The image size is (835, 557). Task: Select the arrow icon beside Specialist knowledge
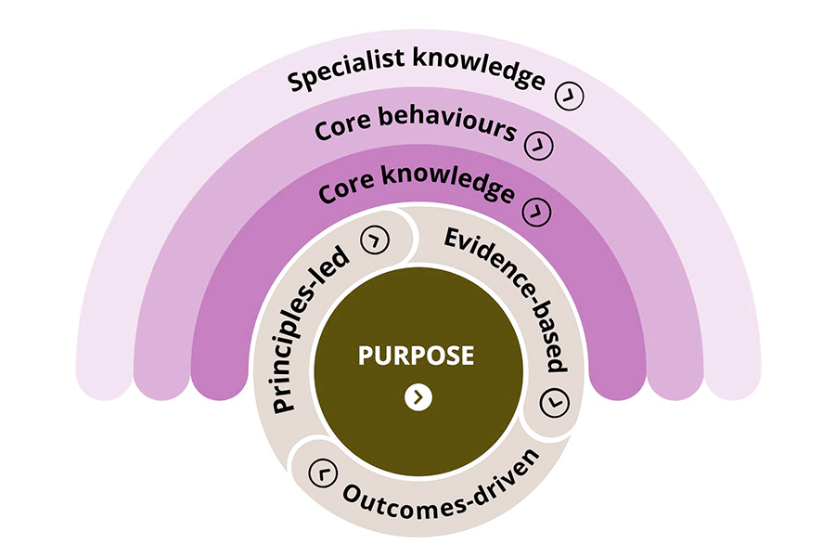click(x=569, y=96)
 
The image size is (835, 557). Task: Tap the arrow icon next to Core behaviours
click(x=538, y=146)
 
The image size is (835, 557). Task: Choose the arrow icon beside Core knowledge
click(x=536, y=211)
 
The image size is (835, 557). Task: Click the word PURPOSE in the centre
click(x=417, y=355)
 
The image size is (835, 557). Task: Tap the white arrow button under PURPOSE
click(x=418, y=397)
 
